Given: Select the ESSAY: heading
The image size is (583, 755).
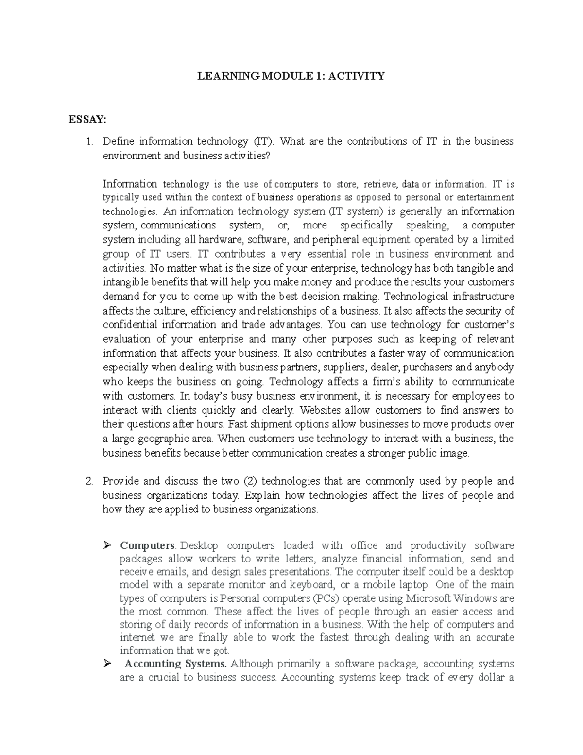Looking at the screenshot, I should click(87, 120).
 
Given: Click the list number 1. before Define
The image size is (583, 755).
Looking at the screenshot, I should click(89, 141).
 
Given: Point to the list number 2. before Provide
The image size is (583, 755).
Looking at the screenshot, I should click(89, 481).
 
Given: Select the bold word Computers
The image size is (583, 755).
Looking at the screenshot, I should click(147, 545).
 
